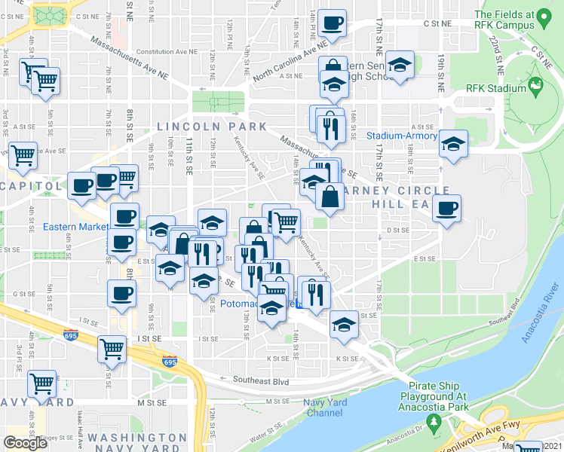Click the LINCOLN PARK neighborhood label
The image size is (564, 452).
pos(212,126)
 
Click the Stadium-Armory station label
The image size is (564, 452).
pos(401,136)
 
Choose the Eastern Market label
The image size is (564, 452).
pos(73,226)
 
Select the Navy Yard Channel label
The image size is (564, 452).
pos(326,408)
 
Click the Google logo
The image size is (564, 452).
pos(26,443)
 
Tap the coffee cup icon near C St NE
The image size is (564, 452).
pos(332,22)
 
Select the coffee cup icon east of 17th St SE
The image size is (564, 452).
pos(447,207)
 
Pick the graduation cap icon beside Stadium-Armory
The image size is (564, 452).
pos(453,142)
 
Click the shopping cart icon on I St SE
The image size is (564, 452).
pos(112,348)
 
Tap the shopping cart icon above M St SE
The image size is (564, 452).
pos(41,382)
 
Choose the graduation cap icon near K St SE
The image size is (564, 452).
pos(344,324)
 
